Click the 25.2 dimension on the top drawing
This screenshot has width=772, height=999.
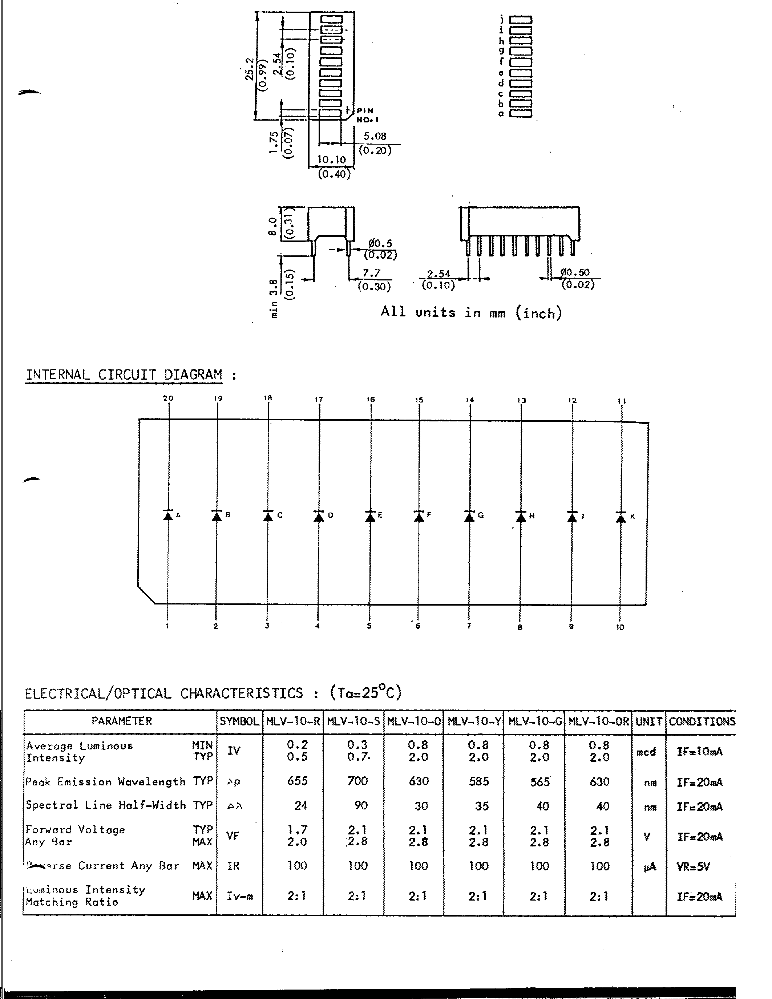coord(250,69)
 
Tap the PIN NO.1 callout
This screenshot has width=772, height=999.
coord(365,115)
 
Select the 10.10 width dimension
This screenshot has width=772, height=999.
coord(332,159)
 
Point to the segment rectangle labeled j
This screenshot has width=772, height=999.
coord(521,20)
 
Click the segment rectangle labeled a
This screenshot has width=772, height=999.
coord(521,113)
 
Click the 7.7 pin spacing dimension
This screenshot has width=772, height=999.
coord(371,273)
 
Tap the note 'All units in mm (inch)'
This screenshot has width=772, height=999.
coord(471,312)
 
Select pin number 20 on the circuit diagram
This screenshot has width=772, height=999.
coord(168,398)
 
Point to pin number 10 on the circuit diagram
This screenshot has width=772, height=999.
coord(620,627)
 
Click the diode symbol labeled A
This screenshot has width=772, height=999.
coord(168,515)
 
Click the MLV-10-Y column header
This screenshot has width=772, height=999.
coord(473,721)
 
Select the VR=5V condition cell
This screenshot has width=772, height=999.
coord(693,866)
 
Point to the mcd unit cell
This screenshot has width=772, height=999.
coord(646,752)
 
